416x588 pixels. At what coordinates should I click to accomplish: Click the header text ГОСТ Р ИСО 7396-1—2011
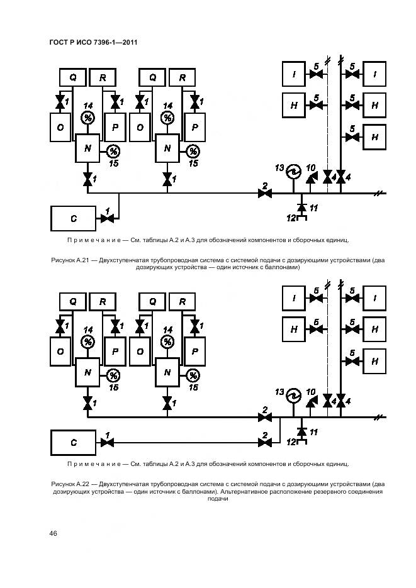coord(93,42)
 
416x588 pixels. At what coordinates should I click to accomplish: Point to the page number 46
coord(53,533)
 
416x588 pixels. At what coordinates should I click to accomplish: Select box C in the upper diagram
coord(73,218)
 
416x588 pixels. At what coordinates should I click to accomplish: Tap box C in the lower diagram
coord(73,443)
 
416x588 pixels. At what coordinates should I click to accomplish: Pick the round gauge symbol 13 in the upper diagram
coord(292,171)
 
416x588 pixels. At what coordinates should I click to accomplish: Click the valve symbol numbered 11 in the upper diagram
coord(301,207)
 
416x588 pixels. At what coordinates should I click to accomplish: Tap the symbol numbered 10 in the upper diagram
coord(310,179)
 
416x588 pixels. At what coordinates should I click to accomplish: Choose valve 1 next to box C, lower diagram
coord(108,443)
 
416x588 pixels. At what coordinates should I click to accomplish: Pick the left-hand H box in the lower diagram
coord(293,328)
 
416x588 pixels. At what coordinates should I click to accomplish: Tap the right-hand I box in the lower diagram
coord(375,298)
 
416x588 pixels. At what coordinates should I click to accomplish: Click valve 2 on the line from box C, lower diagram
coord(265,443)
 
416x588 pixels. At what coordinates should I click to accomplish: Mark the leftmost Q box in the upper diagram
coord(73,77)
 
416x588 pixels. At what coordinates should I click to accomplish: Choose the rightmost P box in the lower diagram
coord(194,352)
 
